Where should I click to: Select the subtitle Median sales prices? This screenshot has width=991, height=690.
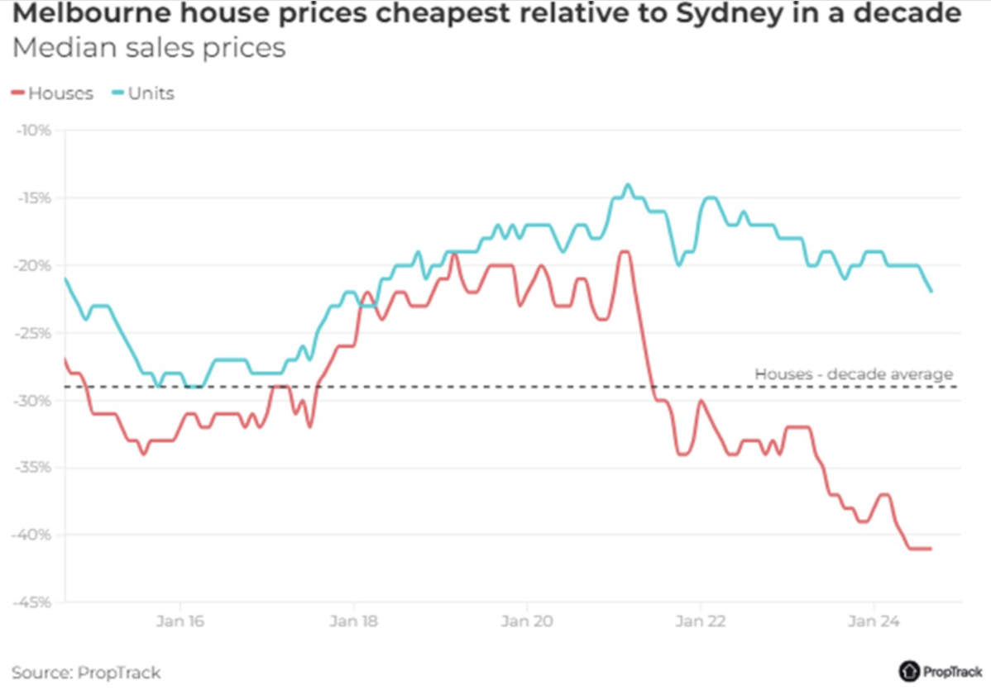pyautogui.click(x=149, y=48)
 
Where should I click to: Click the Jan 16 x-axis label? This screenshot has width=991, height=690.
pyautogui.click(x=180, y=620)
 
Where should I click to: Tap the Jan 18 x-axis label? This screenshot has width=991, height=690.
pyautogui.click(x=353, y=620)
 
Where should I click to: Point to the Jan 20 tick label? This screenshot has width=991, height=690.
pyautogui.click(x=527, y=620)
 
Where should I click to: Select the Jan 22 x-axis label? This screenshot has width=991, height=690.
pyautogui.click(x=701, y=620)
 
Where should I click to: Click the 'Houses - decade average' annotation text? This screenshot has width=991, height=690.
pyautogui.click(x=854, y=374)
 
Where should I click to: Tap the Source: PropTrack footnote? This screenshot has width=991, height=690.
pyautogui.click(x=86, y=672)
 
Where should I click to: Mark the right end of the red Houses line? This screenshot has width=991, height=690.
pyautogui.click(x=931, y=549)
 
